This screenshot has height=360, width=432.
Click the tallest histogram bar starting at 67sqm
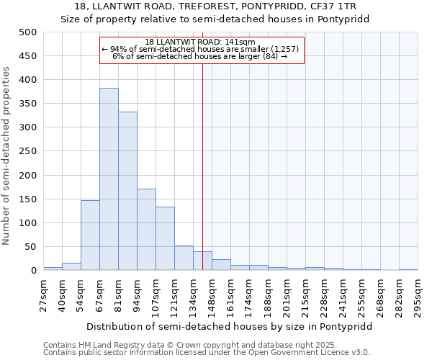tap(109, 179)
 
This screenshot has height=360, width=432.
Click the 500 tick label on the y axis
tap(27, 32)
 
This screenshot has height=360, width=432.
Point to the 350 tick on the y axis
tap(27, 104)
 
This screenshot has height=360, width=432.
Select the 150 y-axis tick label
tap(27, 199)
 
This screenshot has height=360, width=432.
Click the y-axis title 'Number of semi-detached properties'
tap(7, 156)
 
